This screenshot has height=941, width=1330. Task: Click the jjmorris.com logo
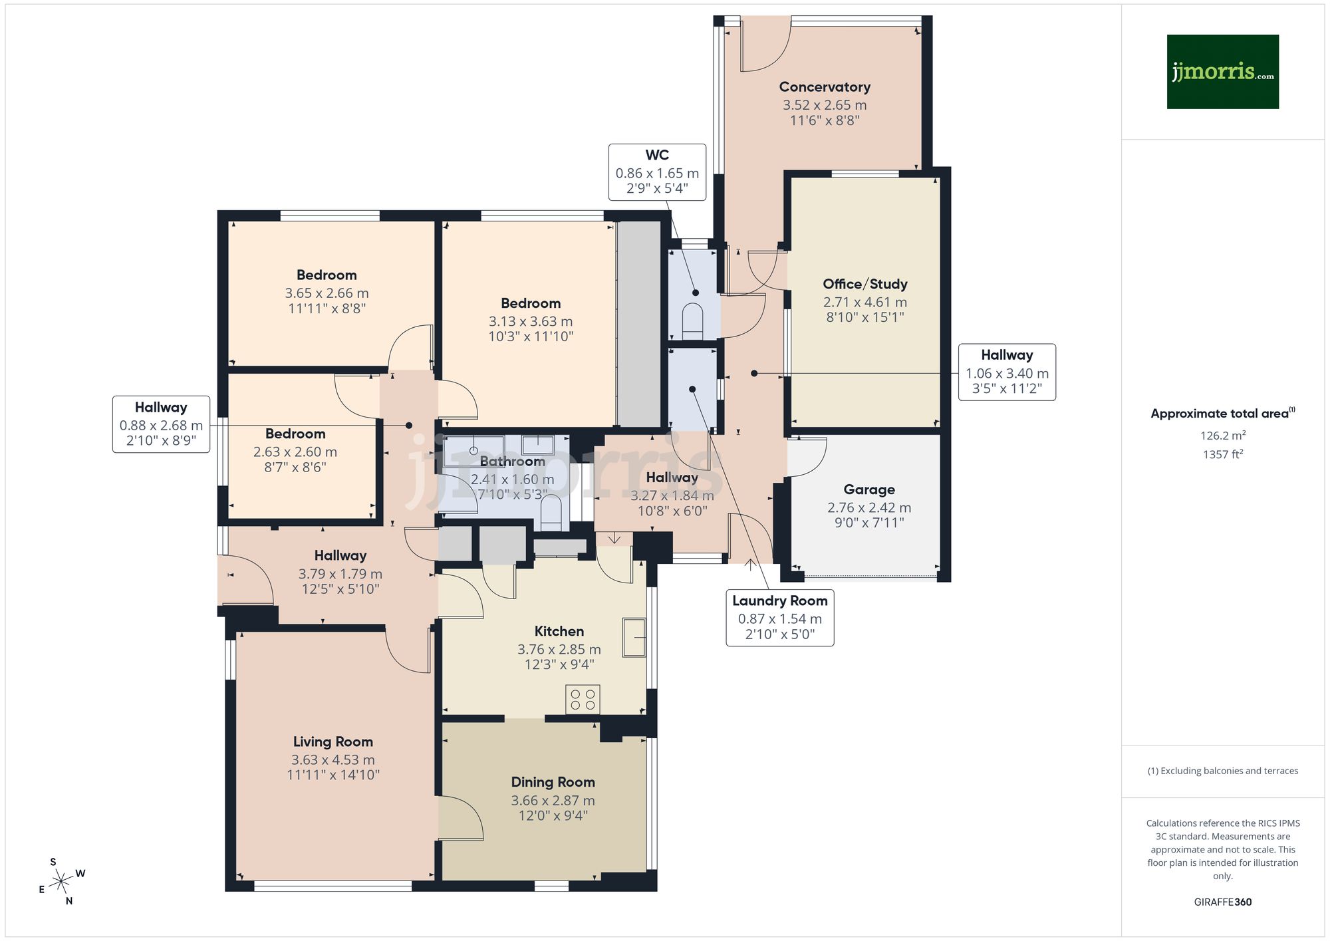1222,72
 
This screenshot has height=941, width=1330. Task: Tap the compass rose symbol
62,882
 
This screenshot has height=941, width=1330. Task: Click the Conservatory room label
825,87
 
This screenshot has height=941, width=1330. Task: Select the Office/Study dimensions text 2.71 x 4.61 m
864,302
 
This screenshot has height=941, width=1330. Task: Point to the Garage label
868,490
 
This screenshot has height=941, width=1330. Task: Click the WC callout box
657,172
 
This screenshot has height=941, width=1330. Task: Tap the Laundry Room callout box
779,617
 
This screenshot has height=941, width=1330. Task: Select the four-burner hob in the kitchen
583,700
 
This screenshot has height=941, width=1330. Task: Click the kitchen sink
634,637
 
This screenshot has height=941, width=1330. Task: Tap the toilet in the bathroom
551,514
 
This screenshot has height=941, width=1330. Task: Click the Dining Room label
553,783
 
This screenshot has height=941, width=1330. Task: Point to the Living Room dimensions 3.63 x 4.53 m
332,759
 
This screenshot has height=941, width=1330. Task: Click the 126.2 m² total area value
1222,436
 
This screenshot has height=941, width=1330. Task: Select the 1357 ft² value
1222,455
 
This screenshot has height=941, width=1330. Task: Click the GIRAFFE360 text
1222,902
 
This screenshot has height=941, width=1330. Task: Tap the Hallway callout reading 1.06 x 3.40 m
1006,372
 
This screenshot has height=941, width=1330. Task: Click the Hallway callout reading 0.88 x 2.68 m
161,424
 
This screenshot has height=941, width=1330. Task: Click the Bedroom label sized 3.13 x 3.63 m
530,304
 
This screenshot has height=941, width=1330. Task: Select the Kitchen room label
559,632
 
